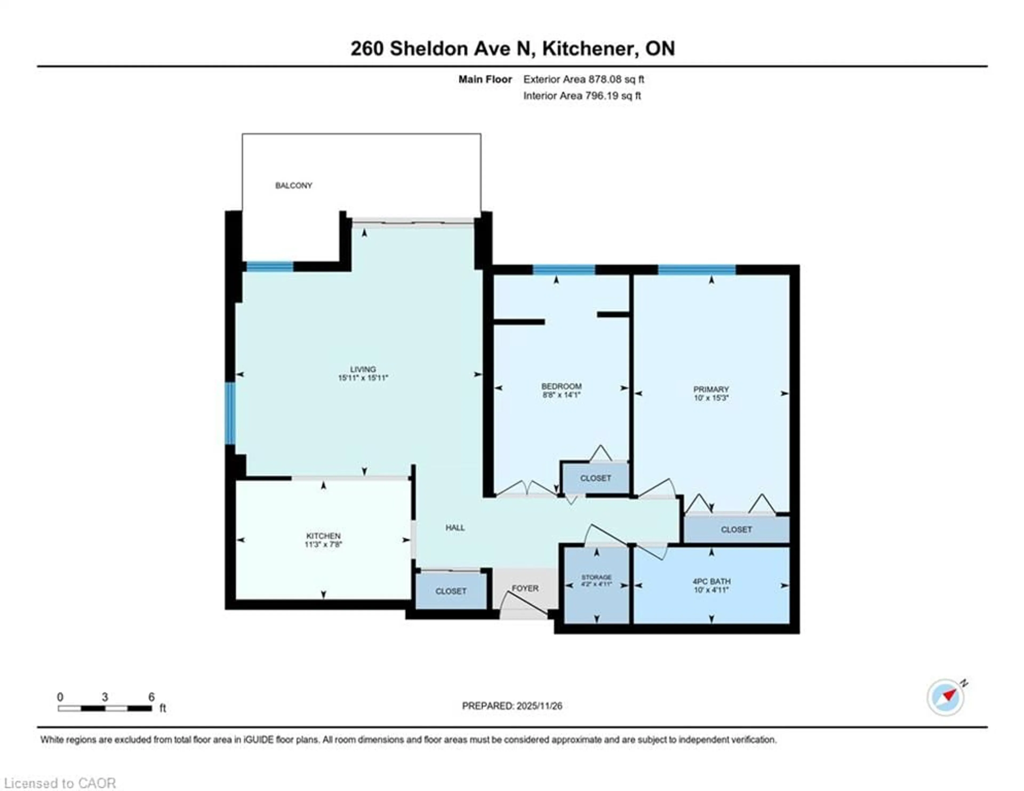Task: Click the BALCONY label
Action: (x=294, y=185)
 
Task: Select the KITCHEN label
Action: (x=323, y=536)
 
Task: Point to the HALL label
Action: (x=455, y=527)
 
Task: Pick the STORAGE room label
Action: (x=596, y=577)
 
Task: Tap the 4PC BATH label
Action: (x=711, y=581)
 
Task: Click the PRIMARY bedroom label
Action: (x=711, y=389)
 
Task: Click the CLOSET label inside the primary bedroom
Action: (x=736, y=529)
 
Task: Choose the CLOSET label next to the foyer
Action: (x=451, y=591)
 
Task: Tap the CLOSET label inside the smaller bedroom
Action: (x=595, y=478)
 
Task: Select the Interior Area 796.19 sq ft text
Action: (x=582, y=96)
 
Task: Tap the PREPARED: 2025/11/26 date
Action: (x=512, y=706)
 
